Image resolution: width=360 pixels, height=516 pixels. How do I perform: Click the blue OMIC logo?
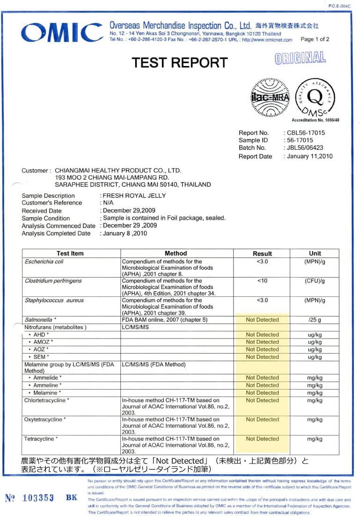click(62, 33)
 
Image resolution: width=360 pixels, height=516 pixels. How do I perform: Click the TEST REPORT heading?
click(179, 63)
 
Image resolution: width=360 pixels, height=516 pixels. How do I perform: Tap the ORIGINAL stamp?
click(300, 58)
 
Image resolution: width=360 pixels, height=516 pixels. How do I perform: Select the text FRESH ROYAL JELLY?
click(134, 195)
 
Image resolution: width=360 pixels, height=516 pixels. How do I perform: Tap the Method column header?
click(176, 253)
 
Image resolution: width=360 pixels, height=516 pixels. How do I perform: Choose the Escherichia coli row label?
click(44, 261)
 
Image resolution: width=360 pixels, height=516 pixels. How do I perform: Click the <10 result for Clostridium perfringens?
click(262, 281)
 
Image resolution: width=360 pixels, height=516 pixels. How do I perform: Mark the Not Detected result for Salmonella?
click(262, 320)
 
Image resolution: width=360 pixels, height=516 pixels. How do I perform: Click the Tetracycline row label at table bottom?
click(41, 439)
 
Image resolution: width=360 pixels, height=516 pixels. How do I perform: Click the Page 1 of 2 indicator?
click(315, 39)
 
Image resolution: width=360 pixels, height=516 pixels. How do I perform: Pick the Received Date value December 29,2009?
click(129, 210)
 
